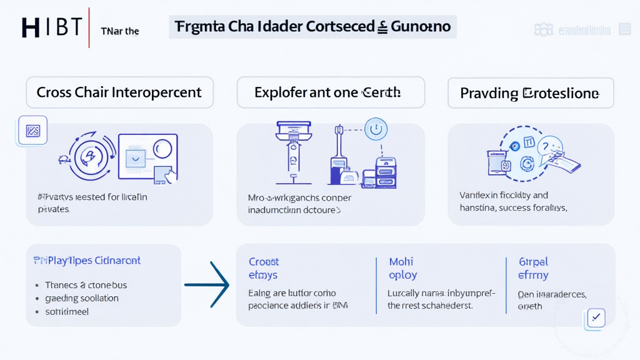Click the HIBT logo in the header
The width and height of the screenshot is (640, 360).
tap(52, 27)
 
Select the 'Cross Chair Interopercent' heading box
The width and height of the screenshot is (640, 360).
tap(119, 92)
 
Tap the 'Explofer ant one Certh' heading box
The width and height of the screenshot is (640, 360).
tap(331, 92)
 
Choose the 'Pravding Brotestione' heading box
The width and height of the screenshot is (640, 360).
tap(530, 94)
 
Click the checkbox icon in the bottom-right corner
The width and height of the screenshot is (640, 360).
tap(596, 317)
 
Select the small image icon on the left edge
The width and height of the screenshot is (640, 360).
tap(32, 131)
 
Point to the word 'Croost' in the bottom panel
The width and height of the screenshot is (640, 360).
tap(264, 262)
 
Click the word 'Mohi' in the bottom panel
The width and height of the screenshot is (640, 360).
tap(401, 262)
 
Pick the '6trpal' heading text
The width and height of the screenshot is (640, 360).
tap(533, 262)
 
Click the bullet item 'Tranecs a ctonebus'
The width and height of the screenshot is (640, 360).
tap(86, 285)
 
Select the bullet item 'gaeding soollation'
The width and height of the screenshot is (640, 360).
tap(82, 298)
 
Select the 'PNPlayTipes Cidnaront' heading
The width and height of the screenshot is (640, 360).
tap(86, 260)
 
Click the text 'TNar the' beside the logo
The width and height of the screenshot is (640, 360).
tap(120, 31)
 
